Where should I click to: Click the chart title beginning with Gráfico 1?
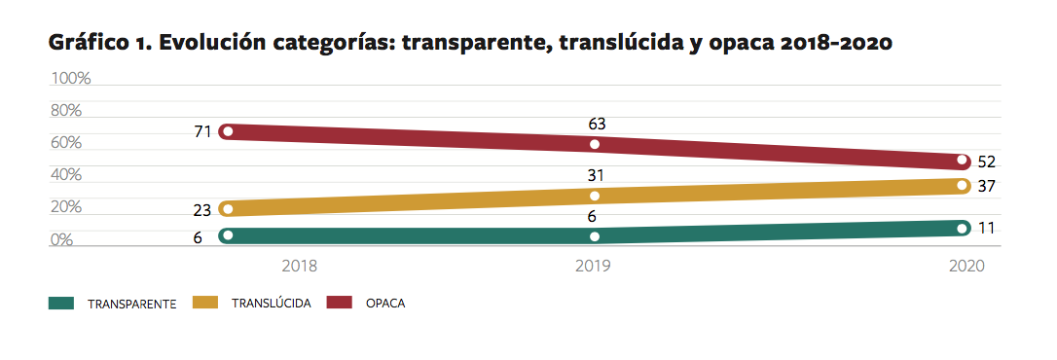tap(469, 44)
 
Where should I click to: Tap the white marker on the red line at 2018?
tap(227, 130)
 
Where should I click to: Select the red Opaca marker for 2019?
tap(595, 144)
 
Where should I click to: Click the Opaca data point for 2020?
tap(962, 160)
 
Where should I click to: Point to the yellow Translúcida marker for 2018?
tap(227, 208)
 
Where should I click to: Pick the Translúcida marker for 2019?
tap(595, 196)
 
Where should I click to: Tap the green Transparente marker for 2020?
tap(962, 229)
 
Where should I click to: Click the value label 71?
tap(202, 129)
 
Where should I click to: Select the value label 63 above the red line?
tap(598, 124)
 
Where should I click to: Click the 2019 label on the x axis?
tap(593, 266)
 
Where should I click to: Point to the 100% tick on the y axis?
tap(70, 78)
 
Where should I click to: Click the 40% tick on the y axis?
tap(66, 175)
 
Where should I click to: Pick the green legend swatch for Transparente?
tap(62, 303)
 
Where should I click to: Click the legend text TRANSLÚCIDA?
tap(272, 303)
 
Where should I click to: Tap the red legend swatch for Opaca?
tap(340, 303)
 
